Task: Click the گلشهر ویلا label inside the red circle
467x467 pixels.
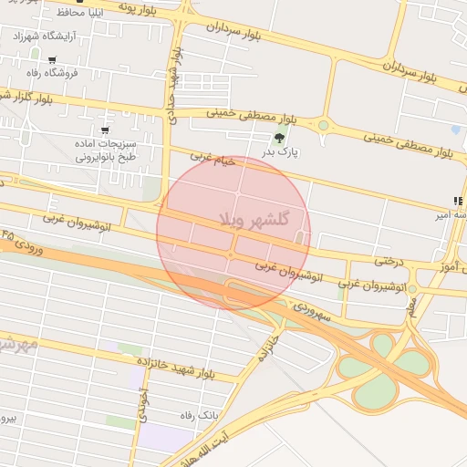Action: [x=254, y=220]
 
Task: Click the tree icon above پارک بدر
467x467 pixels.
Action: [x=279, y=138]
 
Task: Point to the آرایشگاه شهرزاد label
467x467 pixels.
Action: [x=43, y=36]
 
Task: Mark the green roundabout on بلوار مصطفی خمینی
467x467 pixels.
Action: [x=323, y=126]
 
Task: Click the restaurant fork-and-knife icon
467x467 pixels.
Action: [x=457, y=201]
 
